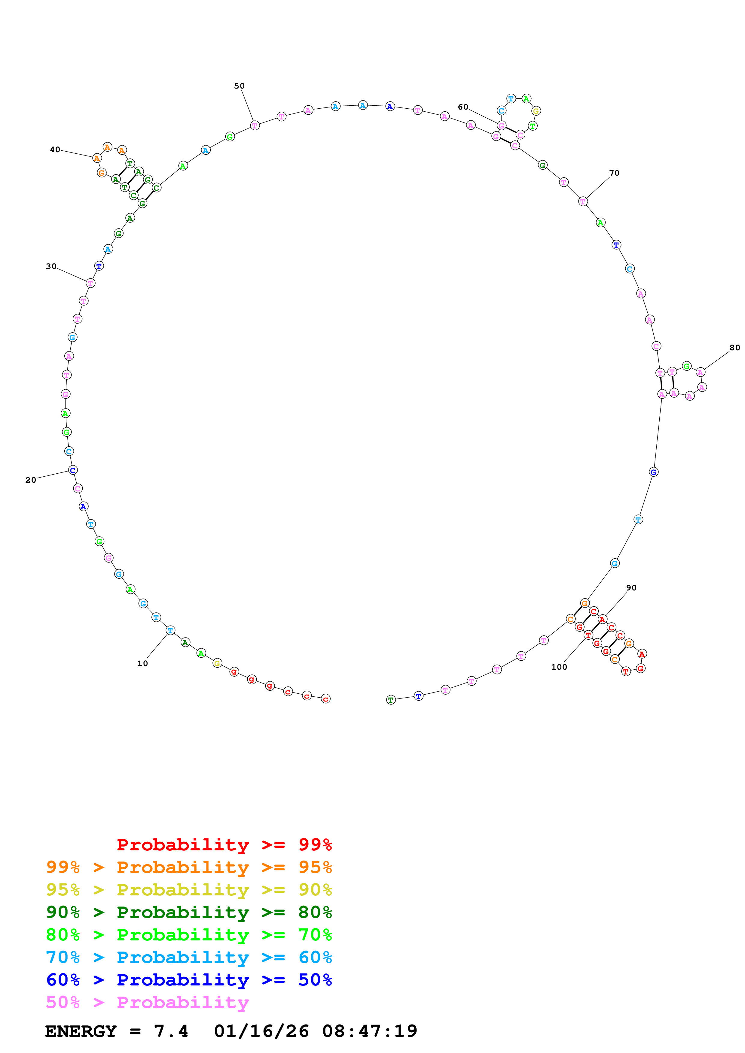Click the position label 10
tap(142, 663)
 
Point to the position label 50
tap(239, 86)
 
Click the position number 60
tap(463, 107)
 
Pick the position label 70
tap(614, 173)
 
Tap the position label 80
tap(735, 348)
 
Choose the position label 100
tap(559, 667)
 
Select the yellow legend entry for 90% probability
tap(189, 890)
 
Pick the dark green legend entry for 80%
tap(189, 912)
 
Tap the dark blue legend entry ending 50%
tap(189, 980)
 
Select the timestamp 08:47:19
tap(370, 1031)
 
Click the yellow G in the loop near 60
tap(536, 111)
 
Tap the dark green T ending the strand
tap(391, 700)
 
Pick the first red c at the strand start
tap(325, 699)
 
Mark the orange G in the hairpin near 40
tap(102, 173)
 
